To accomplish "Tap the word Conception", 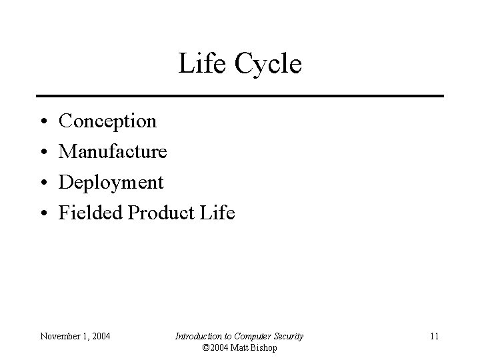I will [108, 121].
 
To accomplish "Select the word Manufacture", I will [113, 151].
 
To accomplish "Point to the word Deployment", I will [111, 183].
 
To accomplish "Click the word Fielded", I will [91, 213].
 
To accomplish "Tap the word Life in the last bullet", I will [219, 213].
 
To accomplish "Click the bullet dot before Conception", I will [42, 123].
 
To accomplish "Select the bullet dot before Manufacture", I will [42, 153].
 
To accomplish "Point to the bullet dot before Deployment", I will [42, 183].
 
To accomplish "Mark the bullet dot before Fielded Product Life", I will [42, 214].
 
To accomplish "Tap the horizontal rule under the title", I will [240, 96].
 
